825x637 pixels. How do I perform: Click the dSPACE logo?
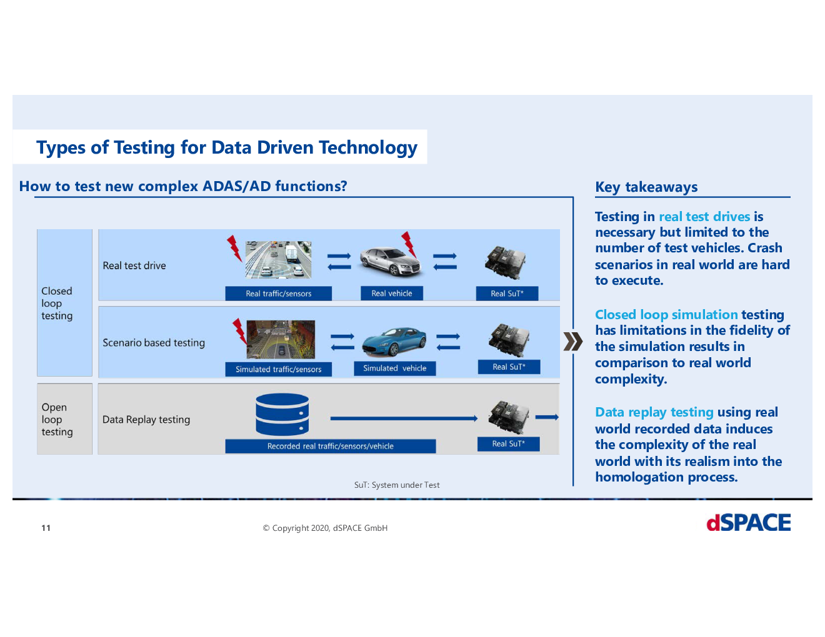click(748, 523)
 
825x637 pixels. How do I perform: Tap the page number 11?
click(46, 528)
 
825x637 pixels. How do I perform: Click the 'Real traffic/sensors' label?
click(278, 294)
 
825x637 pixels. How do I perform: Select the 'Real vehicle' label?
click(391, 294)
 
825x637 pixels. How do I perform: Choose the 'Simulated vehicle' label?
click(394, 368)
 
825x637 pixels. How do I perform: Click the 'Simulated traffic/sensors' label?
click(278, 369)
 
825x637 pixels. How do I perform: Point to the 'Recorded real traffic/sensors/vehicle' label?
click(330, 446)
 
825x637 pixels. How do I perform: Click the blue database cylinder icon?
click(282, 414)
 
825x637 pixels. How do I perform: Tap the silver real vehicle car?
click(390, 260)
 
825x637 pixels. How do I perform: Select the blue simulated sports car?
click(394, 341)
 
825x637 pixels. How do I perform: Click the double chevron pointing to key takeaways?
click(573, 342)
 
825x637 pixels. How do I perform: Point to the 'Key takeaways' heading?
click(646, 187)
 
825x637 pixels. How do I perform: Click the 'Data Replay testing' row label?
click(146, 420)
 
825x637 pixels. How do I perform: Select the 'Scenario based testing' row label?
click(154, 343)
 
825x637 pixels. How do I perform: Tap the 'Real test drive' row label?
click(134, 265)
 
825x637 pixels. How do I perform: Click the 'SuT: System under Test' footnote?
click(397, 485)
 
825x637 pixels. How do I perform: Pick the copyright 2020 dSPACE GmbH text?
click(325, 528)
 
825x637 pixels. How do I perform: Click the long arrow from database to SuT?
click(404, 418)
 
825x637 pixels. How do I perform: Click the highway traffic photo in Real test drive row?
click(278, 260)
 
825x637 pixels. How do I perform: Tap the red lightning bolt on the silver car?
click(409, 244)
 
